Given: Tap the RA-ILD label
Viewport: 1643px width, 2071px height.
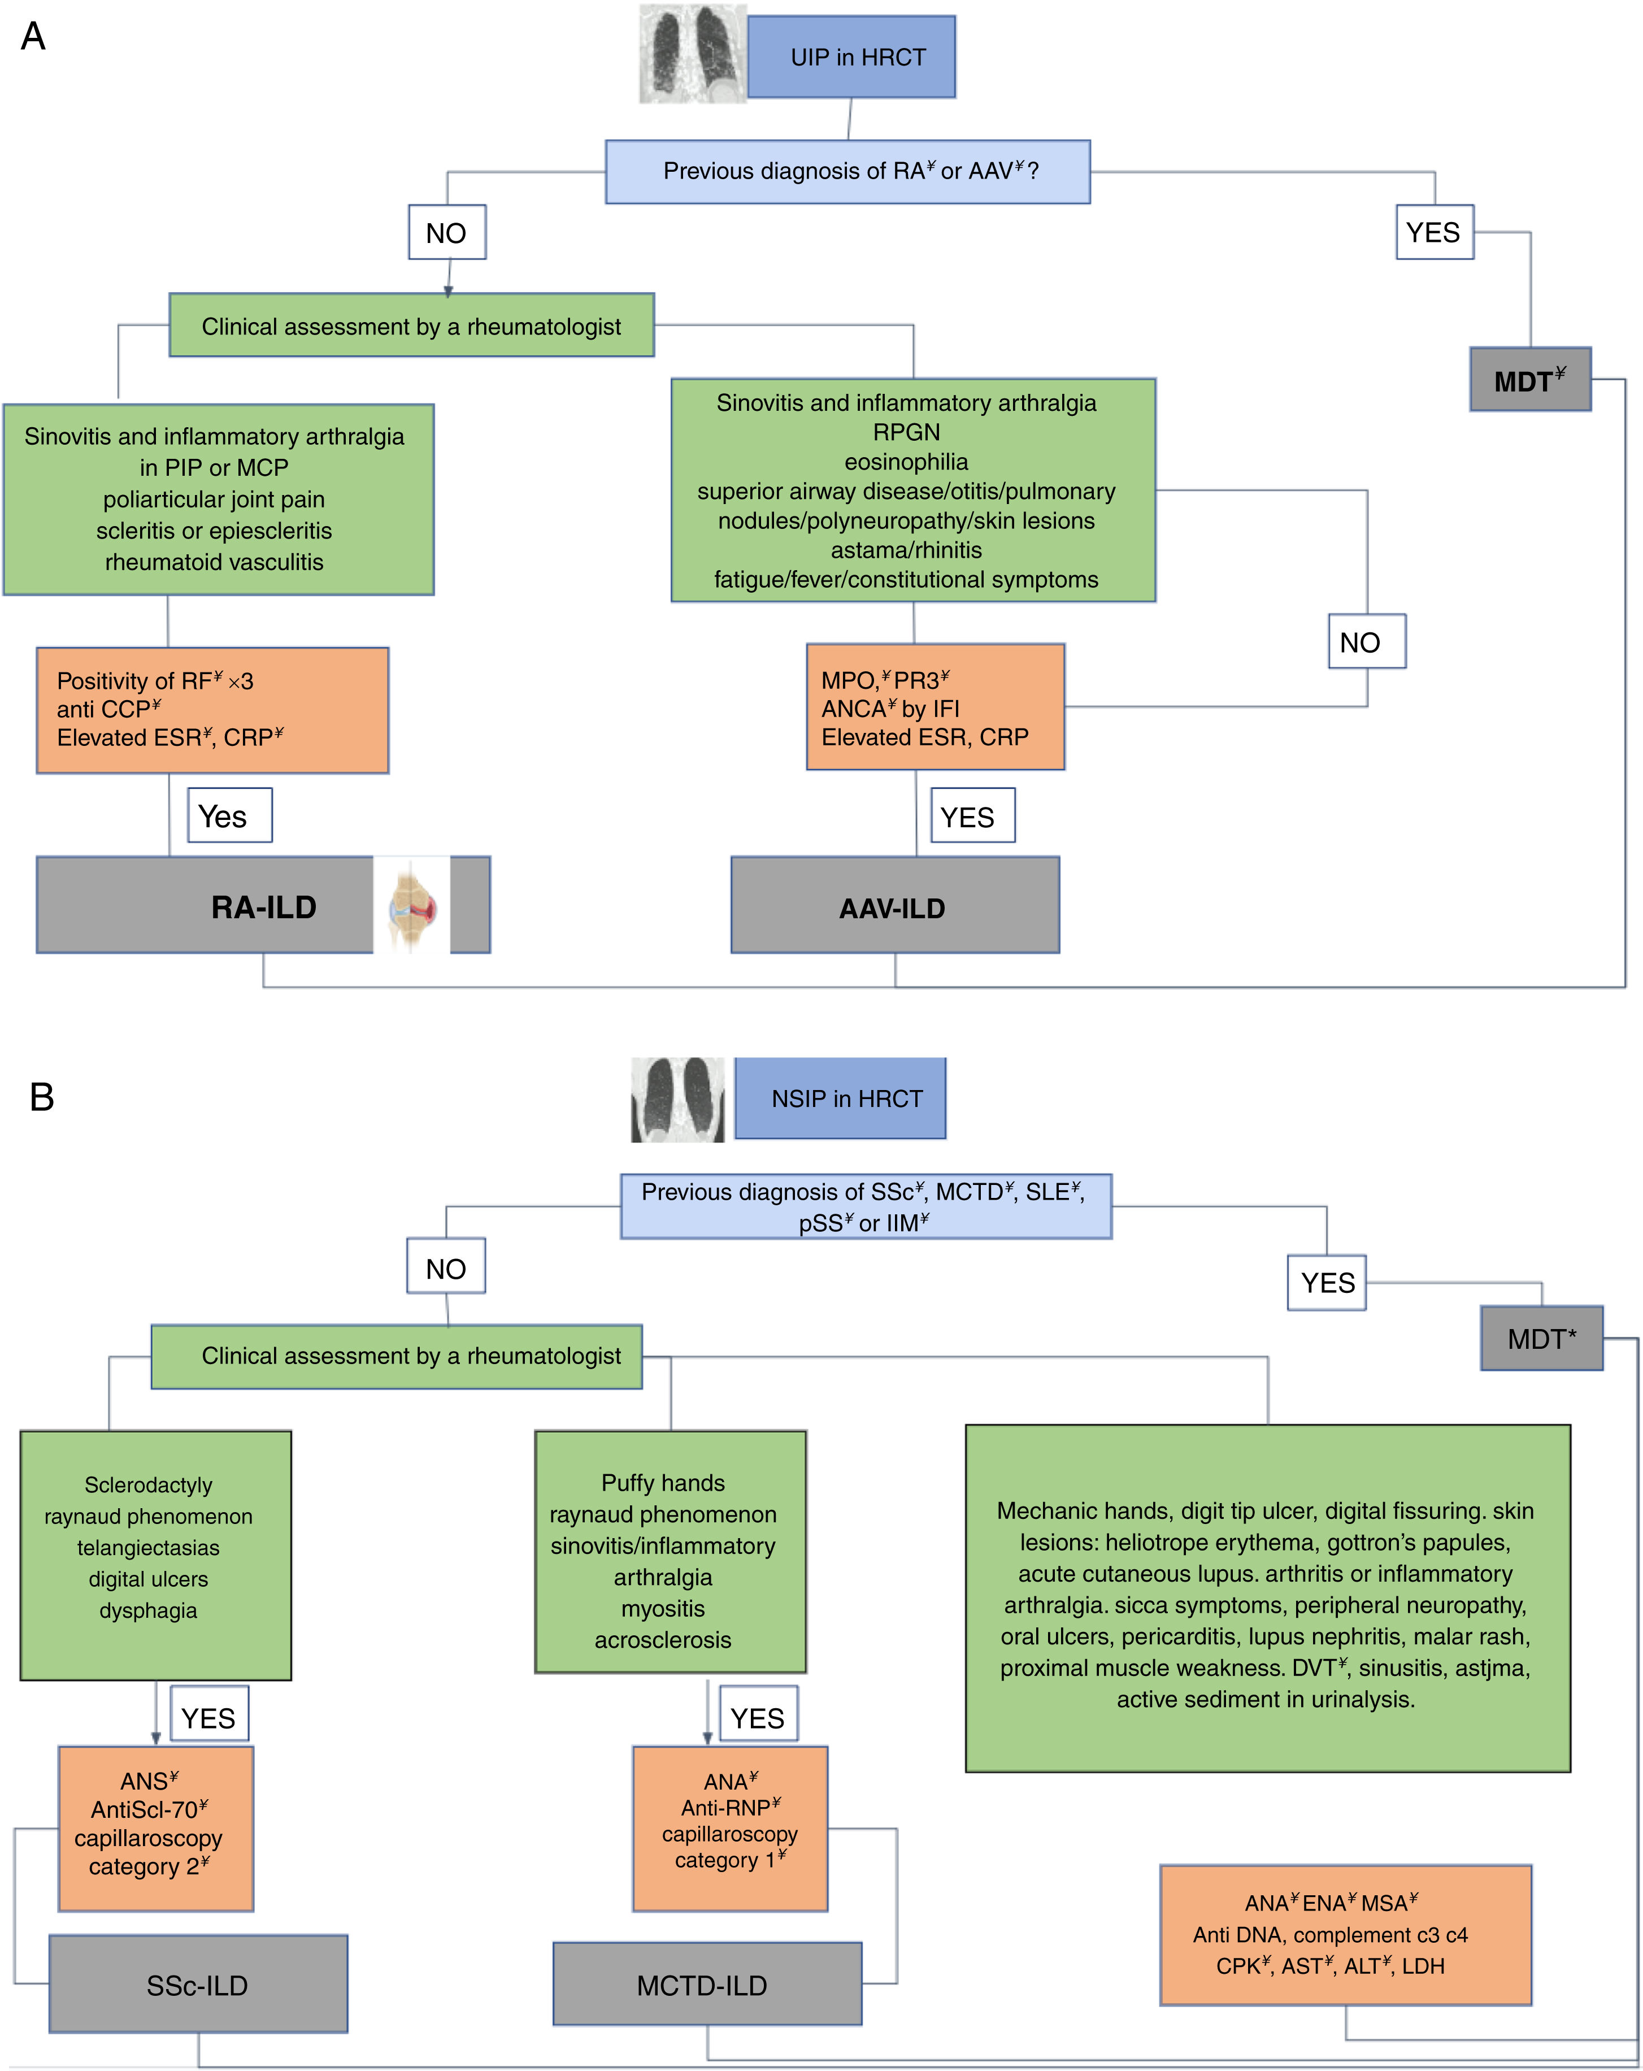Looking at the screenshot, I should click(264, 907).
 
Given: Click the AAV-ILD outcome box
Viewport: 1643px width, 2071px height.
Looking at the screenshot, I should click(894, 907).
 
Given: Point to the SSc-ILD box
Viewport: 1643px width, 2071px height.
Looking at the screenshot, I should click(198, 1985).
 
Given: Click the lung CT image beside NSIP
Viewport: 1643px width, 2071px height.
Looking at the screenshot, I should click(678, 1100).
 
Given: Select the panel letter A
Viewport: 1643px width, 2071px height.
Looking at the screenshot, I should click(33, 37).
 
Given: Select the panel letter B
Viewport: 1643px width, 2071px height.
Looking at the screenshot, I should click(41, 1097).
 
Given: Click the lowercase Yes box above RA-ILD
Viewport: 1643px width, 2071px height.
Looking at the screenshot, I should click(229, 815).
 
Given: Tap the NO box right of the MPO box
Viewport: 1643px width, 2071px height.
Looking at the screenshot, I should click(1366, 642).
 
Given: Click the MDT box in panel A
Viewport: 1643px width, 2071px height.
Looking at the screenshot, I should click(1529, 380).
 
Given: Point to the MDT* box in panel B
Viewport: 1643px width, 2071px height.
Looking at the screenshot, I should click(1540, 1338).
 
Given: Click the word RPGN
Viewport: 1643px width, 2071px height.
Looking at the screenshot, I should click(906, 432).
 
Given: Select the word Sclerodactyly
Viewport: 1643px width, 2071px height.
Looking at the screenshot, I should click(148, 1485).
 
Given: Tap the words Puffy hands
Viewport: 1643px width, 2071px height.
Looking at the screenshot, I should click(663, 1483).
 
